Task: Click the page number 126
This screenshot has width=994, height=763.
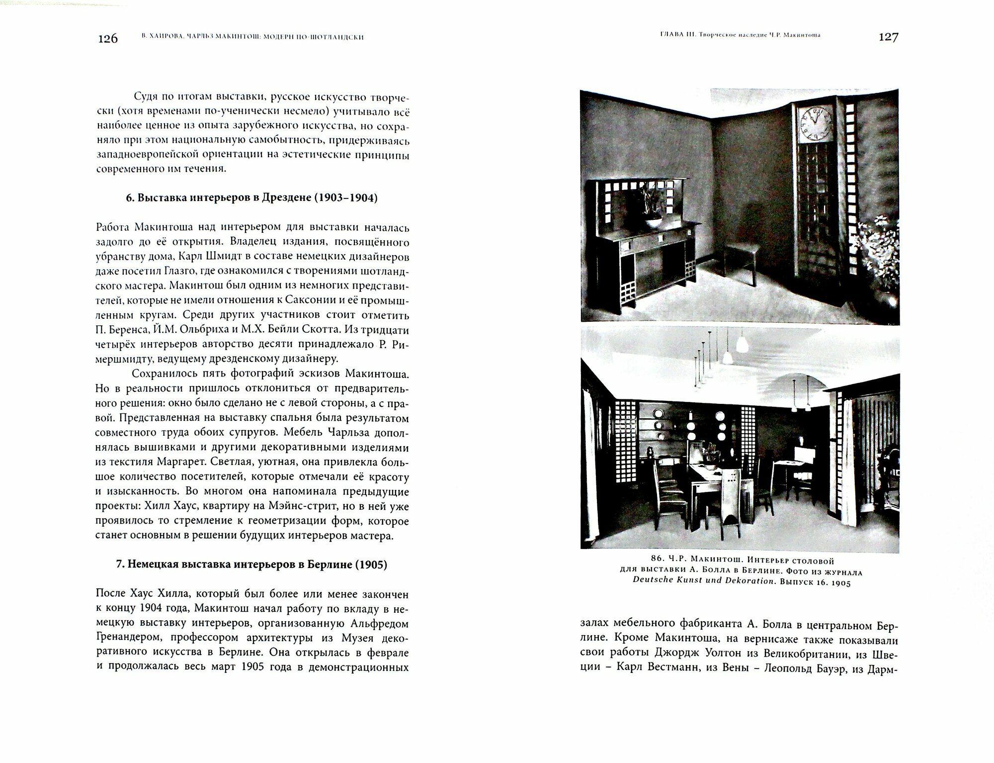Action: (107, 39)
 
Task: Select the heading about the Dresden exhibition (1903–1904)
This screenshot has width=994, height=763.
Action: (252, 198)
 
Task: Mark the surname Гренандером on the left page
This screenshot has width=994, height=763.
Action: (129, 638)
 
